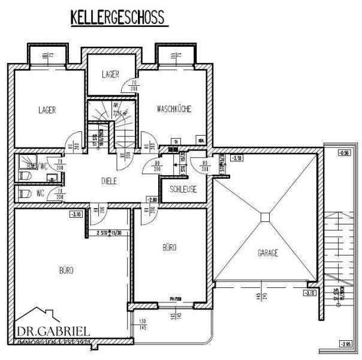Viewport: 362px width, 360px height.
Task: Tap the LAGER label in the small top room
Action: (x=110, y=74)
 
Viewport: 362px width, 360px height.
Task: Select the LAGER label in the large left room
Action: (x=47, y=110)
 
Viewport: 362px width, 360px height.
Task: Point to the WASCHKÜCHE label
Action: (x=174, y=109)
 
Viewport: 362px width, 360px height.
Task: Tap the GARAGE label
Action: (x=268, y=253)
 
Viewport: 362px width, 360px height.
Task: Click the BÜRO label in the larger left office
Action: (x=66, y=271)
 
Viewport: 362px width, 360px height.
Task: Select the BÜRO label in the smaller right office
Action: (x=170, y=247)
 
